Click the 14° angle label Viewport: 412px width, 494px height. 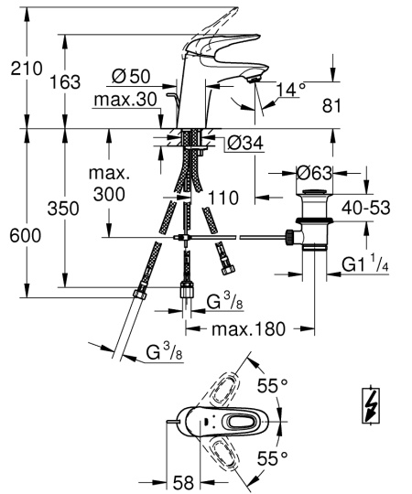tap(289, 90)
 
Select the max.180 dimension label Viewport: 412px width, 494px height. tap(245, 328)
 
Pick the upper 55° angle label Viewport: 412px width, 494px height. tap(272, 385)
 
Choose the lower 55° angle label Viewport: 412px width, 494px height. tap(272, 455)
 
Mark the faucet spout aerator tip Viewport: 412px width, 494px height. tap(255, 82)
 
